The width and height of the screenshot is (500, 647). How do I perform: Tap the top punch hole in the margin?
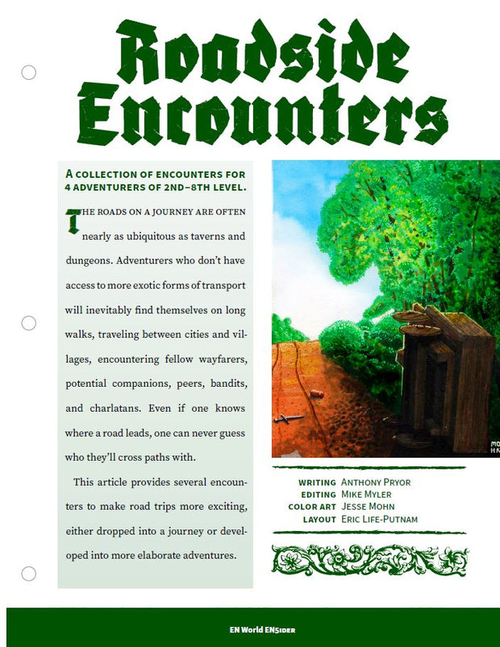tap(29, 73)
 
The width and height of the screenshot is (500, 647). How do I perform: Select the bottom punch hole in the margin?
tap(29, 574)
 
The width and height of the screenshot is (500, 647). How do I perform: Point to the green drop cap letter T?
tap(73, 220)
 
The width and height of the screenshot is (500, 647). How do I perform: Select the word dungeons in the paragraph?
tap(89, 261)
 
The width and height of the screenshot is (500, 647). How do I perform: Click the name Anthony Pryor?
tap(376, 483)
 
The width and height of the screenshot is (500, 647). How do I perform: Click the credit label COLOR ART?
tap(311, 508)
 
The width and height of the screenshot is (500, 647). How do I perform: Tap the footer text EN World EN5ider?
tap(250, 629)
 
